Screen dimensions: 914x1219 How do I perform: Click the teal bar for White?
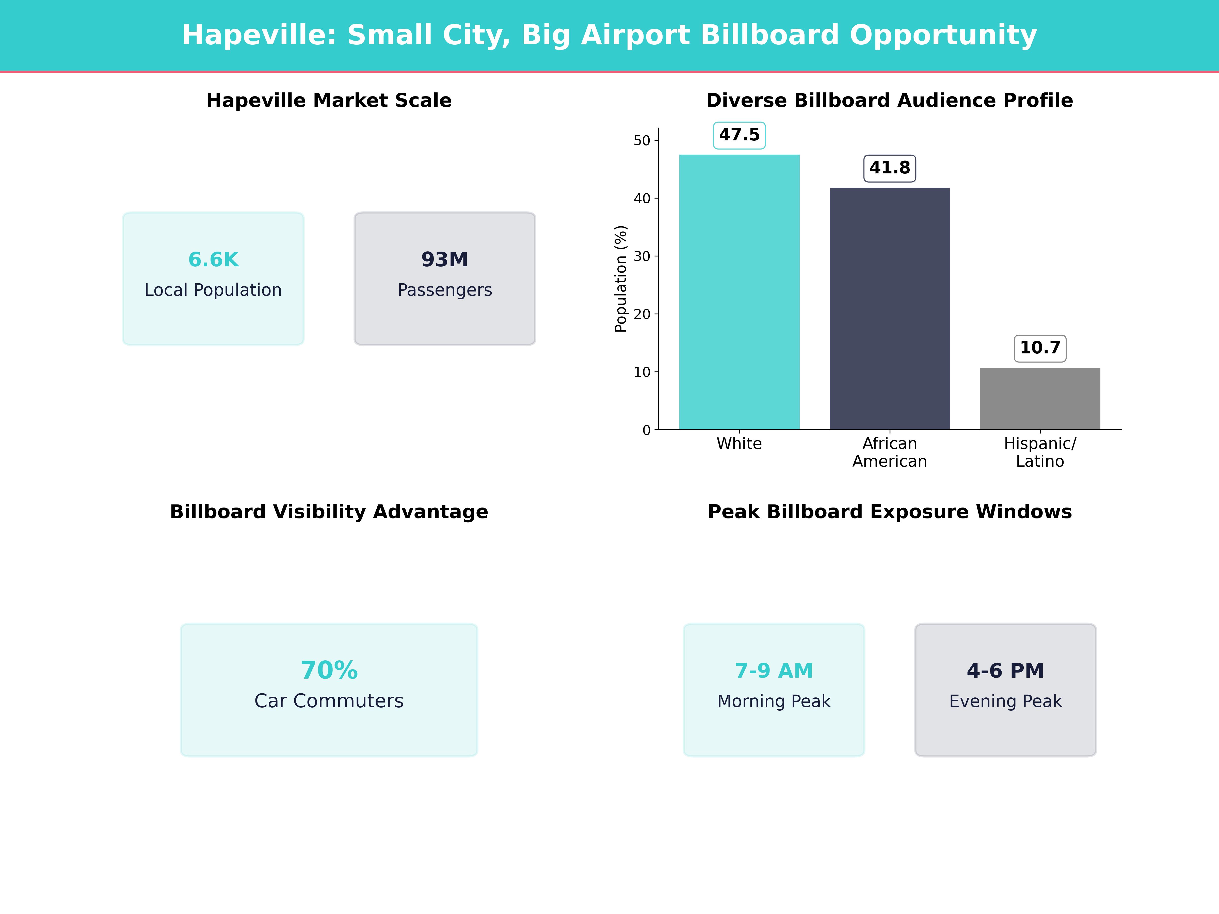(739, 292)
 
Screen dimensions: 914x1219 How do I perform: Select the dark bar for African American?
(889, 308)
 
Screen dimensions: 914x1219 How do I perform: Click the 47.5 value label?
(739, 135)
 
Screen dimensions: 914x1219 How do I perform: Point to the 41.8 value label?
(889, 168)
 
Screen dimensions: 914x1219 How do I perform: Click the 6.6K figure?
(213, 259)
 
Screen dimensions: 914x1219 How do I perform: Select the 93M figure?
(445, 259)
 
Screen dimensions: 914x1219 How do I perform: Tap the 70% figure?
(329, 671)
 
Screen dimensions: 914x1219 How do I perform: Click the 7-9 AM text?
(774, 671)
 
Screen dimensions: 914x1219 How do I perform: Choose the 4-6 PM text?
(1005, 671)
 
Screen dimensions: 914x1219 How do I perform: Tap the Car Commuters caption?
(329, 701)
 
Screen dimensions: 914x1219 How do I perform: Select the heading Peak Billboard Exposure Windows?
(889, 512)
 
